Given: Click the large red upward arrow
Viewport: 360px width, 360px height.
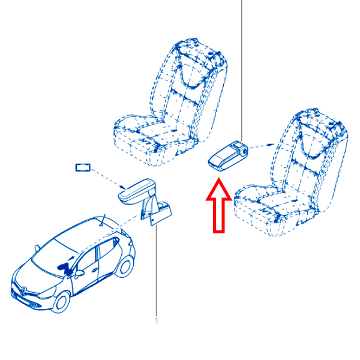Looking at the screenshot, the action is [x=218, y=206].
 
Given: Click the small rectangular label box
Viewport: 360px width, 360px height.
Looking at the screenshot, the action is [x=83, y=167].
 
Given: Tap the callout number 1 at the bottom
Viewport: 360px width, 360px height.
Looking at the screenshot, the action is [x=157, y=320].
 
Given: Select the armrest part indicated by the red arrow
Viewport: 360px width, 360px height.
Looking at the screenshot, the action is [x=228, y=156].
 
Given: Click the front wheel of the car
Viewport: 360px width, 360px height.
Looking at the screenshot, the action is [x=61, y=302].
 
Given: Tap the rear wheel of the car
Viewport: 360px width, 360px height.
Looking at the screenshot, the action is [x=125, y=267].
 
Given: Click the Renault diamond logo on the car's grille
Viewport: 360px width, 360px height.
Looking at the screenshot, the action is [x=23, y=292].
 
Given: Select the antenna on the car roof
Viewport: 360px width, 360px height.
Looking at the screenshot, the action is [x=103, y=220].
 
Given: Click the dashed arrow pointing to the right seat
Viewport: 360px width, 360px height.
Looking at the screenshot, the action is [x=262, y=146].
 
